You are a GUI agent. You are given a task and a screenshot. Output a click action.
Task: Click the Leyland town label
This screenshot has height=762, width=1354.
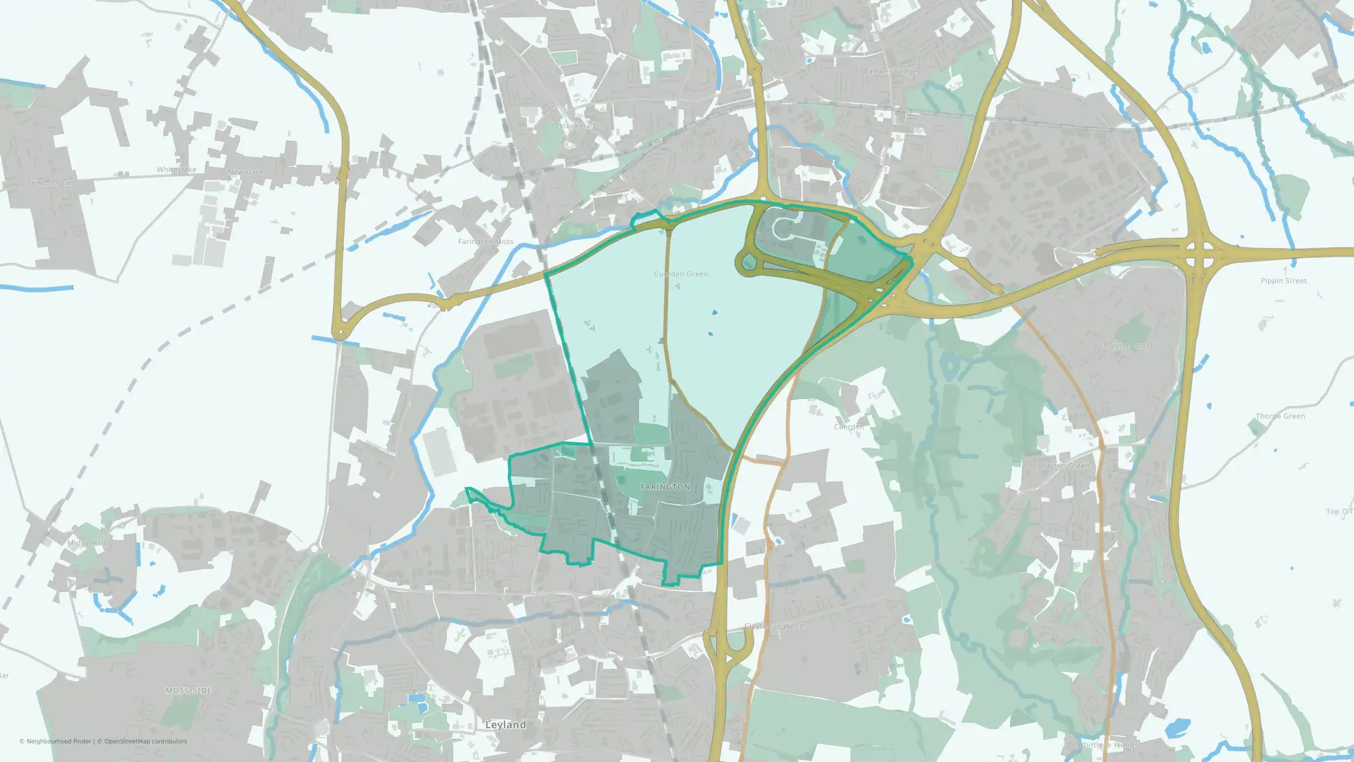[505, 725]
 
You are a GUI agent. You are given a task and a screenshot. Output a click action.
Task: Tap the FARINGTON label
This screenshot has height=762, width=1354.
[665, 487]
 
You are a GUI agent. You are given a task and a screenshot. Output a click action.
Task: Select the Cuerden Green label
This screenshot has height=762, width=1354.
[681, 274]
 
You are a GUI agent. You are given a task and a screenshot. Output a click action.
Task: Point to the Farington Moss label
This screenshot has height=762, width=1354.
[485, 241]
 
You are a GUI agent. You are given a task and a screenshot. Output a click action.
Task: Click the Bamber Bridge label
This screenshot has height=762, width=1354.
[890, 71]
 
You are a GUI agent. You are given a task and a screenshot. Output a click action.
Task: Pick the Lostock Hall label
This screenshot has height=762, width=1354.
[572, 125]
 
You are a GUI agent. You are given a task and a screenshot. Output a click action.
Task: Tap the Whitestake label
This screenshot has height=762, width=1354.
[176, 169]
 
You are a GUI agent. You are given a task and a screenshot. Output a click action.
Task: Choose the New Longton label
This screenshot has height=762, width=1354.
[50, 183]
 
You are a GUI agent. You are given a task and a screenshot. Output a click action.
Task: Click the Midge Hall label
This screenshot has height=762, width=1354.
[86, 543]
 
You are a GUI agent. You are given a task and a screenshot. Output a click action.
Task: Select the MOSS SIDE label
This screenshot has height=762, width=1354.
[189, 690]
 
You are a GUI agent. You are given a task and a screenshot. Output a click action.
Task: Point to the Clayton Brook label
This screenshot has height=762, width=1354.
[1129, 345]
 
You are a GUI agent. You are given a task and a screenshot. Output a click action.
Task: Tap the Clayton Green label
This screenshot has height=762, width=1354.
[1064, 465]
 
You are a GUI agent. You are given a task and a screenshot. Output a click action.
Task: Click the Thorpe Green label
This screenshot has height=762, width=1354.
[1280, 416]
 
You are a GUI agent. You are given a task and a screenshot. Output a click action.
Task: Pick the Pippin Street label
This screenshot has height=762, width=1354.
[1284, 280]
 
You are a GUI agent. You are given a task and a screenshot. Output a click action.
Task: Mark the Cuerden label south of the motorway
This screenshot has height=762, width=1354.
[849, 427]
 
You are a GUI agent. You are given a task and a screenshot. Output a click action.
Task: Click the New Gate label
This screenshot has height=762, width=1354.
[245, 172]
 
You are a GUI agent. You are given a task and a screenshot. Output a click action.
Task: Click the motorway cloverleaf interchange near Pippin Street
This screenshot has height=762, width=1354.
[1198, 253]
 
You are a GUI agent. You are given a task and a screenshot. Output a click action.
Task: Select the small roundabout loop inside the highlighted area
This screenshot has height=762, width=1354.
[747, 261]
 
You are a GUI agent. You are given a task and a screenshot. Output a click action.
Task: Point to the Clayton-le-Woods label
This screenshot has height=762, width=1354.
[776, 626]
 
